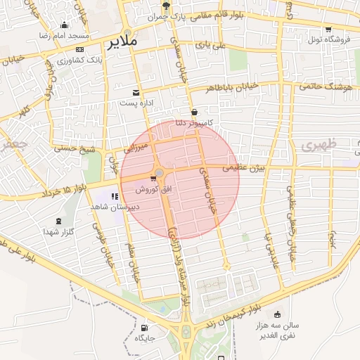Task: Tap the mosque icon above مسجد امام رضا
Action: point(64,25)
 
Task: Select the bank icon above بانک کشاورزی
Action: point(79,49)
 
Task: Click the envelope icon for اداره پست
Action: point(136,93)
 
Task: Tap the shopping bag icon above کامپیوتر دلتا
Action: point(194,112)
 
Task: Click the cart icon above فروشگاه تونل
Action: point(328,29)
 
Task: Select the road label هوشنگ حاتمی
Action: point(324,86)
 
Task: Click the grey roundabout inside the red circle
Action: point(160,172)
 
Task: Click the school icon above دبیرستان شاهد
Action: point(114,196)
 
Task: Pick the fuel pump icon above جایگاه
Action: point(145,327)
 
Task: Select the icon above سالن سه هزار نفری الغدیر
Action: point(278,314)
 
